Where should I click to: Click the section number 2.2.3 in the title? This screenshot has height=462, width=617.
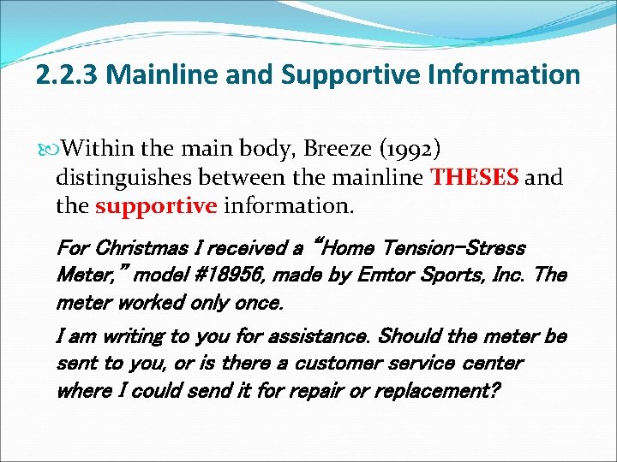tap(69, 74)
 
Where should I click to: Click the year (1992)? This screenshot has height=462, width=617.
tap(411, 151)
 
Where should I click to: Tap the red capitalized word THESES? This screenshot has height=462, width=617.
tap(475, 178)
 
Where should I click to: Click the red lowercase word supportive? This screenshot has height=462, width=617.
tap(157, 205)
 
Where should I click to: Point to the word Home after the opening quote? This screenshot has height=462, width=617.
tap(342, 249)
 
